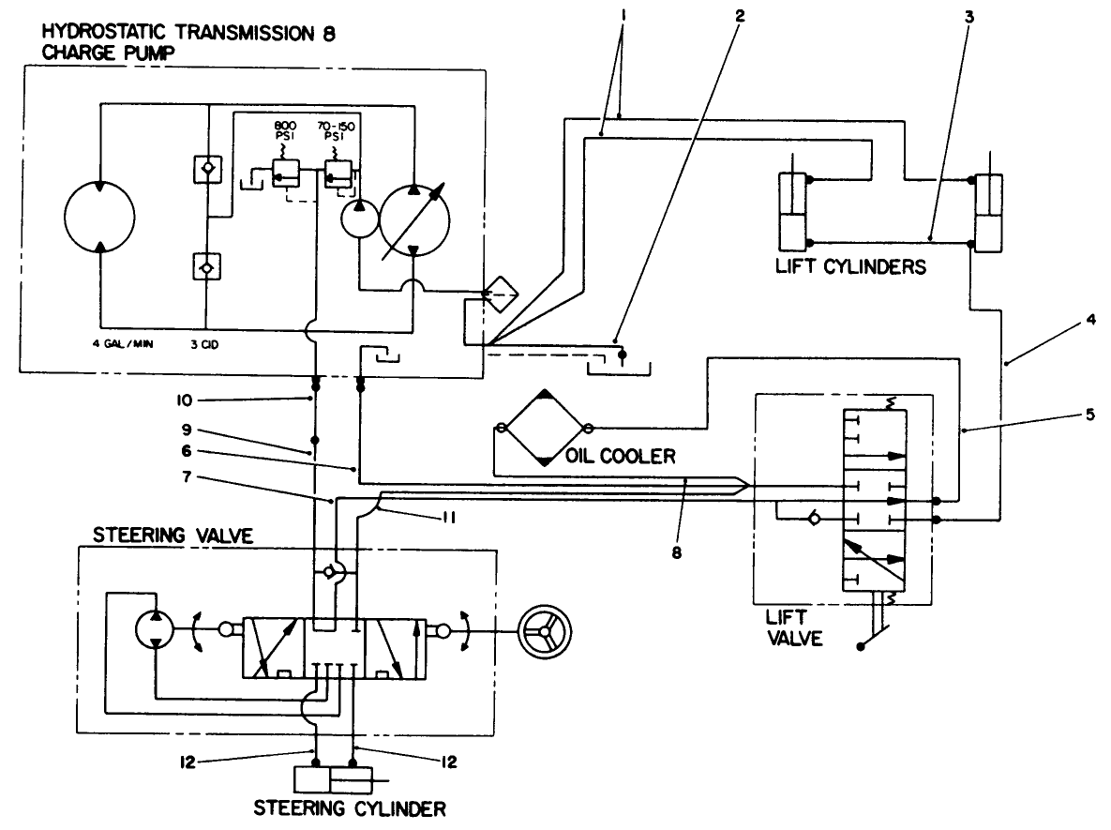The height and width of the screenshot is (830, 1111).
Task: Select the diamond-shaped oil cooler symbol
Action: (544, 429)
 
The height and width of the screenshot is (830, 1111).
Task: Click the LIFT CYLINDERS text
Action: (850, 266)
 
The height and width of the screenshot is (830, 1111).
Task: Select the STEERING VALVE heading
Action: (161, 536)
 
